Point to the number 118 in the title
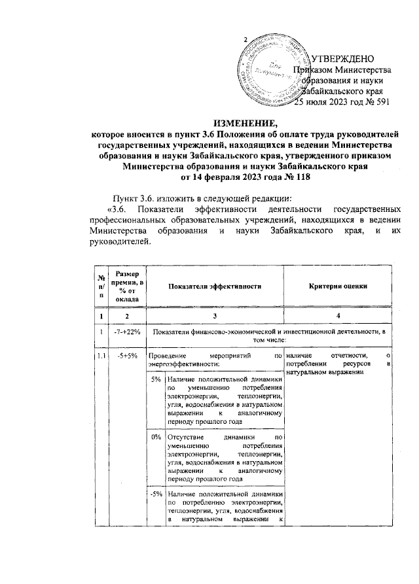[296, 177]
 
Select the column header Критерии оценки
[338, 286]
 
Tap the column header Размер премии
[123, 286]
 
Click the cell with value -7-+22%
[123, 332]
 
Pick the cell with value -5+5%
[123, 357]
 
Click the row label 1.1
[101, 357]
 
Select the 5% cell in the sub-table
[156, 379]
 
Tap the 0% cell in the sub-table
[156, 436]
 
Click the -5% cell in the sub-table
[155, 494]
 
